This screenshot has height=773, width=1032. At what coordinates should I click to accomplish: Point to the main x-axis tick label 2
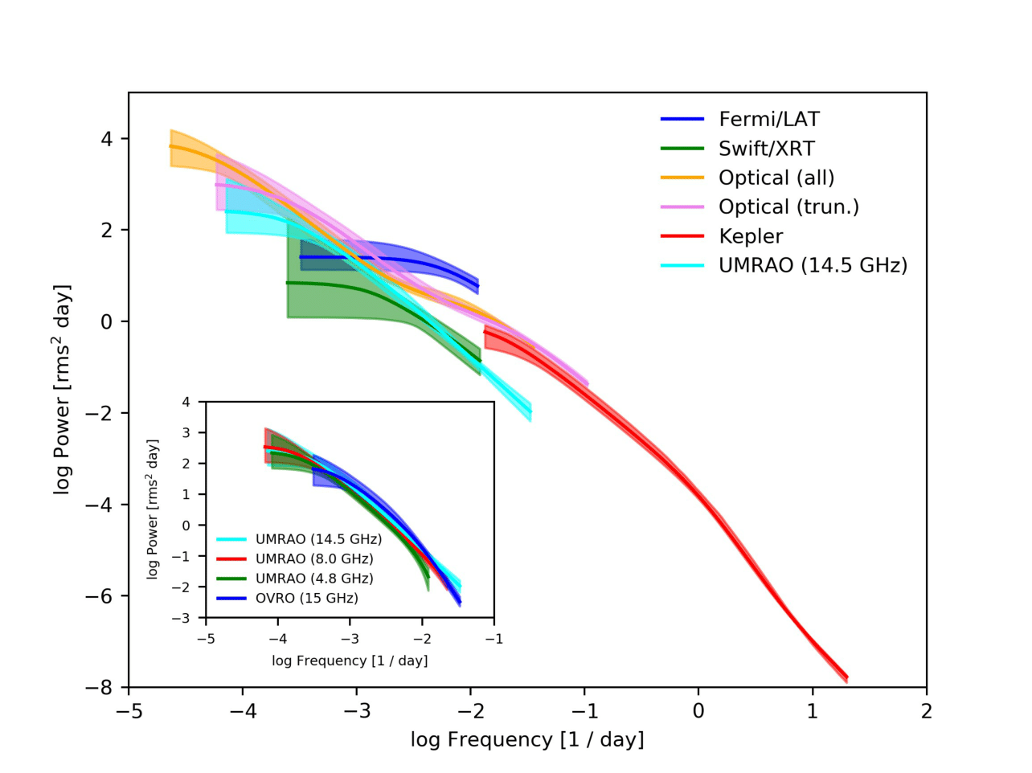pyautogui.click(x=926, y=711)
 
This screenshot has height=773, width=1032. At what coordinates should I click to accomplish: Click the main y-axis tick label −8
pyautogui.click(x=99, y=688)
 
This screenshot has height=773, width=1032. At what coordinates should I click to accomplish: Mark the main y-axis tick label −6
pyautogui.click(x=99, y=596)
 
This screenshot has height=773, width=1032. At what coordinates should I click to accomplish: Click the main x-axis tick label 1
pyautogui.click(x=812, y=711)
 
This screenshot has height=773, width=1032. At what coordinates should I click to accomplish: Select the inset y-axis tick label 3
pyautogui.click(x=186, y=432)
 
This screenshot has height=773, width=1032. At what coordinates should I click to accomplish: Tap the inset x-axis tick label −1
pyautogui.click(x=493, y=639)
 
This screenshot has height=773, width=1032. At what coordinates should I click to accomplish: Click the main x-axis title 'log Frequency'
pyautogui.click(x=481, y=739)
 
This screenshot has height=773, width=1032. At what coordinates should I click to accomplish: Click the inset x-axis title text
pyautogui.click(x=350, y=661)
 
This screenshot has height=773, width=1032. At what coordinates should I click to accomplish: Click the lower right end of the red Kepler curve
pyautogui.click(x=847, y=677)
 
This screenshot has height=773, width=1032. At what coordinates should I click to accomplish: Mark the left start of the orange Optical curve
pyautogui.click(x=170, y=146)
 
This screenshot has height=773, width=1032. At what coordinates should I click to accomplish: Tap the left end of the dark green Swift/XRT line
pyautogui.click(x=287, y=283)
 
